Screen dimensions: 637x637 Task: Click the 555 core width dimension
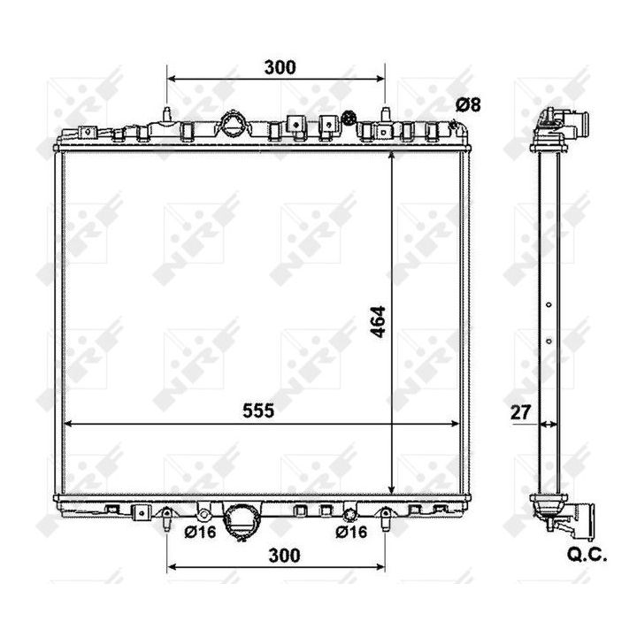[258, 411]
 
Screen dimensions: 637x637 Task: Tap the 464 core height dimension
[379, 322]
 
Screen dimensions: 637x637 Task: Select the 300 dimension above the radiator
[280, 67]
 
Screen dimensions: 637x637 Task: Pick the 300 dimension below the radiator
[284, 556]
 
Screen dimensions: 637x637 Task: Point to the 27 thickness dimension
[520, 412]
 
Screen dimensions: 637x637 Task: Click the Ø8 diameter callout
[468, 104]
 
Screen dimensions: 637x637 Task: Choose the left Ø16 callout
[200, 532]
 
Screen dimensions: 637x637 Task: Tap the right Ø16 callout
[351, 532]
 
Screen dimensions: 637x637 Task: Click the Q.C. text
[587, 555]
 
